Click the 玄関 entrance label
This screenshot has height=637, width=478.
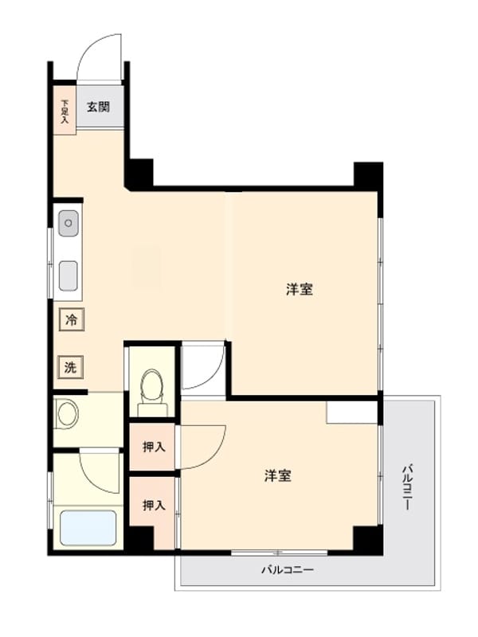pos(98,107)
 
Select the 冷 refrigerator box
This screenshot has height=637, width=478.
pos(72,320)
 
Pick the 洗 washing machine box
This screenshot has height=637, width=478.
pos(71,367)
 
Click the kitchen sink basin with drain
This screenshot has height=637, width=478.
pos(69,223)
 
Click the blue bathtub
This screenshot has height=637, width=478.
pos(88,527)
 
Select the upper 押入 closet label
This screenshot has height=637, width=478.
pos(154,447)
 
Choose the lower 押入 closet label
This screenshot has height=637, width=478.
pos(154,505)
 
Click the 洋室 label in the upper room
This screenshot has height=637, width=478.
pos(300,290)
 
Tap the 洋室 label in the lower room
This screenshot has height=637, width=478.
pos(278,475)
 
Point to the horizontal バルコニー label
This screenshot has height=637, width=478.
pos(287,569)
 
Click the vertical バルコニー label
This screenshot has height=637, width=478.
pos(407,487)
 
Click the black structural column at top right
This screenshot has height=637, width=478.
pos(368,174)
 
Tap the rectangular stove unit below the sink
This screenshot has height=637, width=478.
pos(69,276)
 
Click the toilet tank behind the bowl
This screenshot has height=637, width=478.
pos(152,409)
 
